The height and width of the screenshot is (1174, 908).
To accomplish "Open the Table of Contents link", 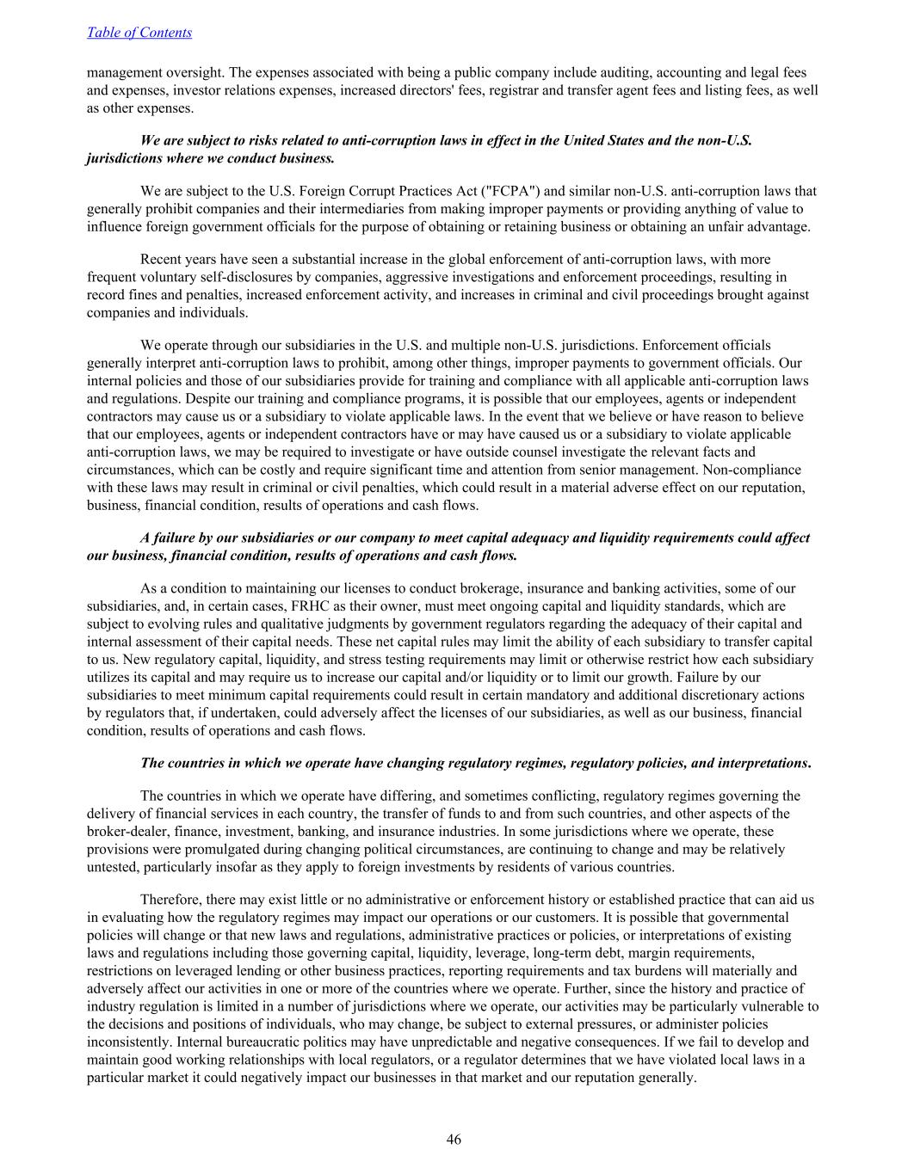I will [x=139, y=33].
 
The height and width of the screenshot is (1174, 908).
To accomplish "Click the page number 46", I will [x=454, y=1140].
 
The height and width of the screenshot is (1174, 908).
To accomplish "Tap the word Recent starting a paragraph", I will [x=163, y=259].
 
